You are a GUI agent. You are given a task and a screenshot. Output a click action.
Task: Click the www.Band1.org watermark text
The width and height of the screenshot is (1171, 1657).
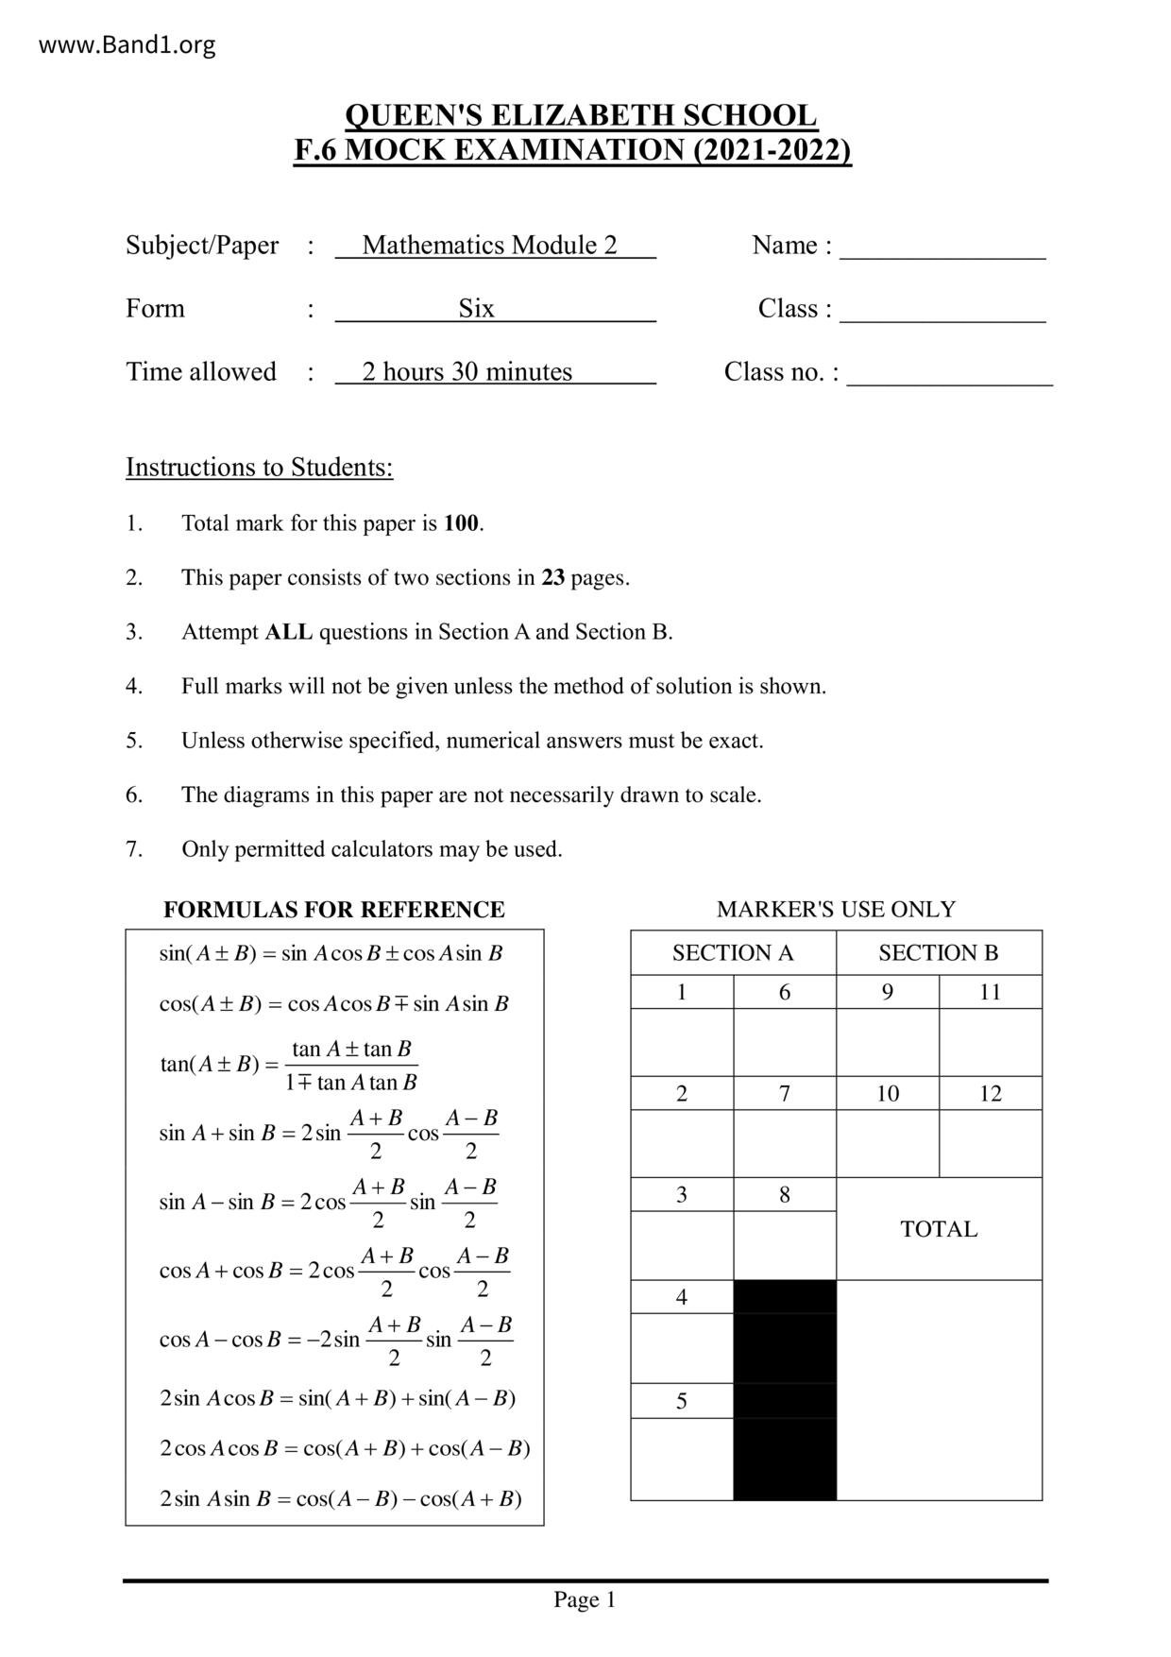127,44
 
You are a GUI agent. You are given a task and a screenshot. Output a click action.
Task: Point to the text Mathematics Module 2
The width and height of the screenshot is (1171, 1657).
489,246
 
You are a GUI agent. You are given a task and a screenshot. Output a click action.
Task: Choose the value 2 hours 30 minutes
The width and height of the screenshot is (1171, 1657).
467,372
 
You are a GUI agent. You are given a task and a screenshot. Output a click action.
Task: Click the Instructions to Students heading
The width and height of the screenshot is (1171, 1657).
259,468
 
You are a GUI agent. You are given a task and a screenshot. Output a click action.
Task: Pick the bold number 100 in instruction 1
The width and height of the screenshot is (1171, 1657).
461,523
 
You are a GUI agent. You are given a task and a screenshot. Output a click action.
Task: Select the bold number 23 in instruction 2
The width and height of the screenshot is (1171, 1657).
552,578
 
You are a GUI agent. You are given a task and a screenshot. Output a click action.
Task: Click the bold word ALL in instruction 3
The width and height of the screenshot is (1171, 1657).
289,632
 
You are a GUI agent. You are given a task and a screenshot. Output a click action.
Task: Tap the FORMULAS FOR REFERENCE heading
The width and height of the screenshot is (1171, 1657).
333,910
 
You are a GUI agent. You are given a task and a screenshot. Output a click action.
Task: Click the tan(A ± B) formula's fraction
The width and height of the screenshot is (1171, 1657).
351,1066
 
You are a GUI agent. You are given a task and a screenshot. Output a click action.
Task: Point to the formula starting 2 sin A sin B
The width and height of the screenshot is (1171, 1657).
340,1499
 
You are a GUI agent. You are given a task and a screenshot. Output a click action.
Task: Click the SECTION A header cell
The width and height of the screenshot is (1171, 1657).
733,953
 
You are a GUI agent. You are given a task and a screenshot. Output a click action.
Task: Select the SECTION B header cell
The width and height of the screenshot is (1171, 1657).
938,953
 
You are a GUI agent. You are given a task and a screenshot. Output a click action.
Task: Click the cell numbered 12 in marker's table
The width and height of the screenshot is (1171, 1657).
990,1094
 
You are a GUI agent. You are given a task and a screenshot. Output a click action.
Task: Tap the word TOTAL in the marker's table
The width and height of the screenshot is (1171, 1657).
939,1229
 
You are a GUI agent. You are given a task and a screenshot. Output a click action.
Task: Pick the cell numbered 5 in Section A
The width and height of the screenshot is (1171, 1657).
682,1401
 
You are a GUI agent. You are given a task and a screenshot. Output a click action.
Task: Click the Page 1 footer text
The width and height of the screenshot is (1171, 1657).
585,1600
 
